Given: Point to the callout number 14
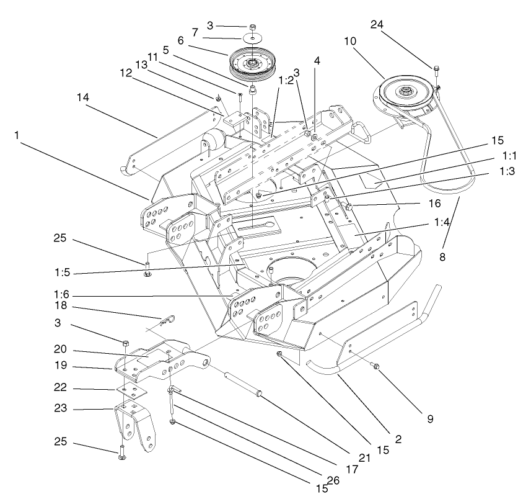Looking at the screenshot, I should coord(84,97).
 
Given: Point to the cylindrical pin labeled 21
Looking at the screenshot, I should coord(247,384).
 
